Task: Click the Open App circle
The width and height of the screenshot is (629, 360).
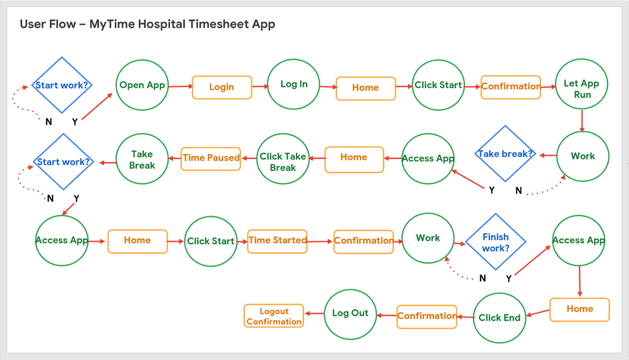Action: click(142, 85)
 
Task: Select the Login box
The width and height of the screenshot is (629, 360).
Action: click(222, 87)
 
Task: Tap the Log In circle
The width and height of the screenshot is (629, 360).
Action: click(294, 84)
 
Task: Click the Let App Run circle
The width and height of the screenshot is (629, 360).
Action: click(581, 84)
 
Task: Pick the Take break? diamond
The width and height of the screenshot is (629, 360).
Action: click(505, 154)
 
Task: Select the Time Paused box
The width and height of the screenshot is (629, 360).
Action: click(211, 159)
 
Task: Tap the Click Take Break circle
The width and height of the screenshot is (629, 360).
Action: click(283, 159)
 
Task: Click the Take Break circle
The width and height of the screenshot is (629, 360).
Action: click(142, 159)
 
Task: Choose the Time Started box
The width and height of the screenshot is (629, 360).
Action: click(277, 241)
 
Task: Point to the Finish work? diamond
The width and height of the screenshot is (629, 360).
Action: click(496, 242)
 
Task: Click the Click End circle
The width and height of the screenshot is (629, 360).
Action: click(499, 318)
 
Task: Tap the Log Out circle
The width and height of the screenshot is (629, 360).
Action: click(350, 314)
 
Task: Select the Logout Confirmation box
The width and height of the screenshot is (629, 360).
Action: click(274, 315)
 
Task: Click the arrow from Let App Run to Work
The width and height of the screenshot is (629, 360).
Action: click(582, 121)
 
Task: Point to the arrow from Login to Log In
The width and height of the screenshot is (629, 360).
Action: click(261, 86)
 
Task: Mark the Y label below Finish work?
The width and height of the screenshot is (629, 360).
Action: click(508, 279)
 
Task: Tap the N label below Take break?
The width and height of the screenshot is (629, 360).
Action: click(518, 191)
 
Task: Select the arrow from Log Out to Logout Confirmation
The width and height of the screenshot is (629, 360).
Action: click(314, 313)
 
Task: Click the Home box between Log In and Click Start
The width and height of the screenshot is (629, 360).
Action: click(366, 88)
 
